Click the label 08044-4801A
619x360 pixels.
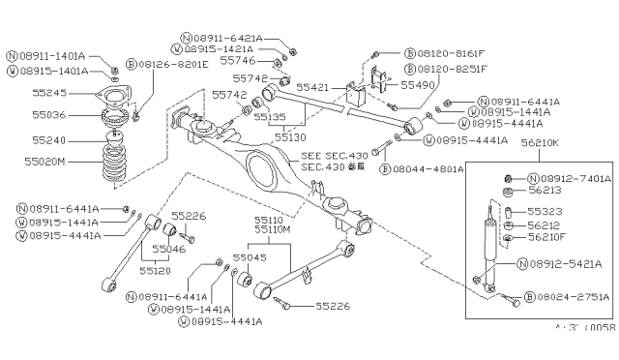click(x=424, y=168)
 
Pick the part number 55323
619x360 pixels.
click(x=546, y=210)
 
